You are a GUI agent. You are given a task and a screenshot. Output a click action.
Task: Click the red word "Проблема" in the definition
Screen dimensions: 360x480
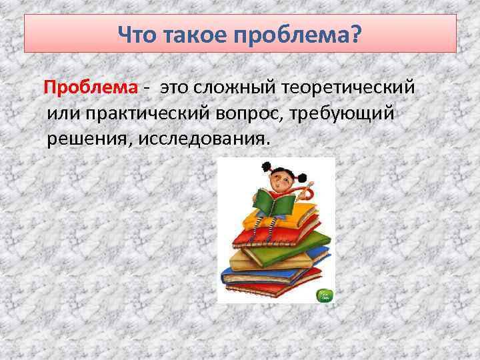click(91, 87)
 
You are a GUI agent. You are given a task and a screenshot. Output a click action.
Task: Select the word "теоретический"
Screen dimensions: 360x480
click(349, 87)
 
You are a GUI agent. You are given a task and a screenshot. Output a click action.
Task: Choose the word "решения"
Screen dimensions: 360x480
click(83, 140)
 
